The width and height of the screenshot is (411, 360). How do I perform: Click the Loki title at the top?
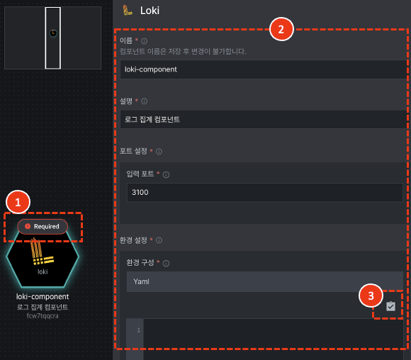(150, 11)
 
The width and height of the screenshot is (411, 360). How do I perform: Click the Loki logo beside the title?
(128, 10)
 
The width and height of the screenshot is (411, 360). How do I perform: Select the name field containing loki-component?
(264, 69)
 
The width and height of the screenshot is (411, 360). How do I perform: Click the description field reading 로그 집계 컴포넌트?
(264, 119)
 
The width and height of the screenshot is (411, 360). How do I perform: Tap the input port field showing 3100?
(265, 193)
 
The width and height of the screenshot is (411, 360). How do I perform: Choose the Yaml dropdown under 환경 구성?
(265, 281)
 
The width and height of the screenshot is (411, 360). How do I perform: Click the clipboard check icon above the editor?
(390, 306)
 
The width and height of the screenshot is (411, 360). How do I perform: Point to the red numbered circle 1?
(18, 202)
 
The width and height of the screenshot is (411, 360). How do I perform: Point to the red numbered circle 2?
(281, 29)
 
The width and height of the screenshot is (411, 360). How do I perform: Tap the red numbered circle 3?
(371, 296)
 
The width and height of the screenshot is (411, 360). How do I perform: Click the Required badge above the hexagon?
(43, 226)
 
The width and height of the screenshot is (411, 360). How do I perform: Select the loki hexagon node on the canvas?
(43, 257)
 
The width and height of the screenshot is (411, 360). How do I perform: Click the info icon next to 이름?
(144, 41)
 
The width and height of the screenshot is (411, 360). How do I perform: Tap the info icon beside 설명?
(144, 101)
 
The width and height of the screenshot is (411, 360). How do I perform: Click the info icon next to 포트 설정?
(159, 152)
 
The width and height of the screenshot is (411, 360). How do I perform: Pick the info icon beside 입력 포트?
(166, 174)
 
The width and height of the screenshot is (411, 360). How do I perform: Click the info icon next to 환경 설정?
(159, 240)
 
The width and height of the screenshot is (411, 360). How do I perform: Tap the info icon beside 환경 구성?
(166, 263)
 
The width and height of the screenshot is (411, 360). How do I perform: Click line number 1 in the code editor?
(139, 330)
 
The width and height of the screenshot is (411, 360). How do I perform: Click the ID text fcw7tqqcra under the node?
(43, 315)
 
